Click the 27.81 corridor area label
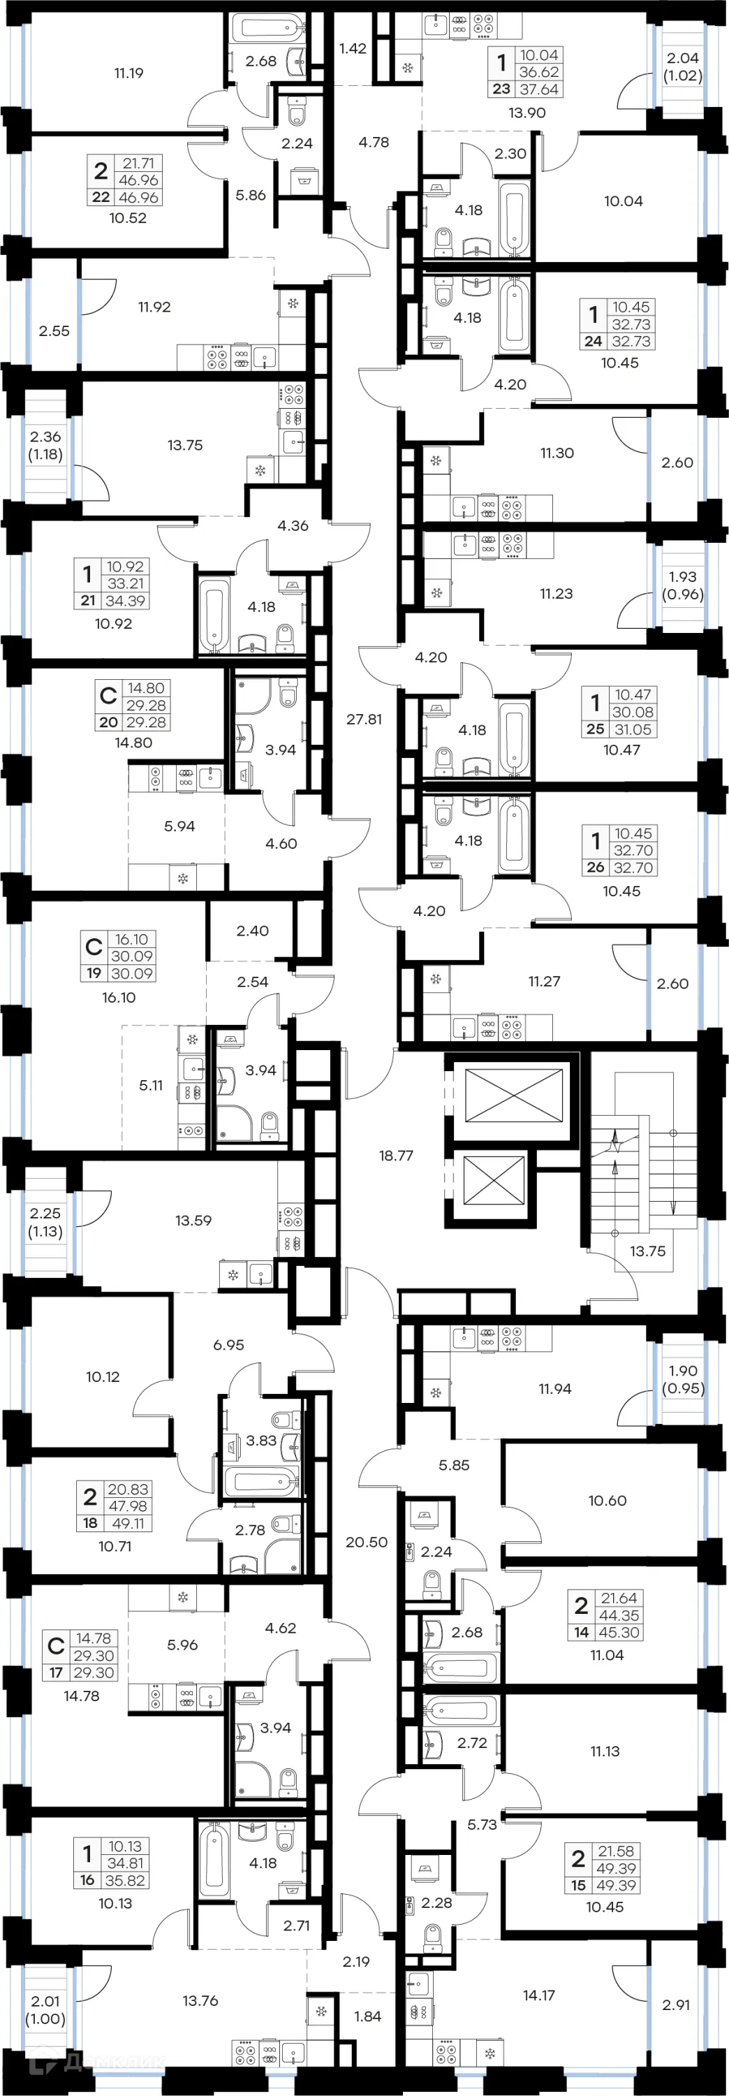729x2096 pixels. [x=364, y=720]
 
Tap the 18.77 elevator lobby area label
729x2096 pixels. [x=396, y=1156]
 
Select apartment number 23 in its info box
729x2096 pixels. [x=501, y=89]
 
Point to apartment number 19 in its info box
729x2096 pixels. [x=94, y=973]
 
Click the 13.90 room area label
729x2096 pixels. [x=526, y=113]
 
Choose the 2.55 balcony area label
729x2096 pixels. [x=54, y=331]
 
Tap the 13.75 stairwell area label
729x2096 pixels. [x=647, y=1251]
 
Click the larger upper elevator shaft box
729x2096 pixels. [x=513, y=1094]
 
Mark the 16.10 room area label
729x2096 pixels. [x=119, y=998]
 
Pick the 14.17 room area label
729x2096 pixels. [x=538, y=1995]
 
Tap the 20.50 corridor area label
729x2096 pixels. [x=366, y=1542]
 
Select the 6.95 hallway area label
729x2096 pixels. [x=228, y=1345]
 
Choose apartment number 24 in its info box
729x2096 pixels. [x=593, y=342]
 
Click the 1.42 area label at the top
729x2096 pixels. [x=353, y=49]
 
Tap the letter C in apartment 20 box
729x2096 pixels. [x=108, y=696]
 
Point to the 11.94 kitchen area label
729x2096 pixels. [x=555, y=1389]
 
